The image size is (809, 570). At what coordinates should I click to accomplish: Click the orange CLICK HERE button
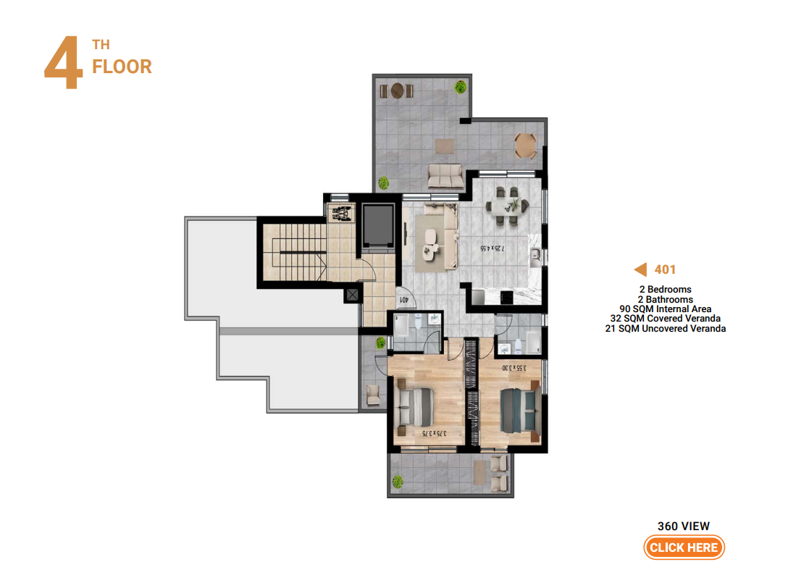[684, 548]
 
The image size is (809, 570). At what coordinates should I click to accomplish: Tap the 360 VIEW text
[684, 526]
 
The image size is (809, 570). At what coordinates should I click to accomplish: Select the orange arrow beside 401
[640, 269]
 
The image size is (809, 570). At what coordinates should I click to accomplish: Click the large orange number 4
[64, 62]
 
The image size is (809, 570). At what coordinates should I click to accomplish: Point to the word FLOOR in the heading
[122, 67]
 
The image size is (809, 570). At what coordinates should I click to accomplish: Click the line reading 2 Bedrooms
[665, 290]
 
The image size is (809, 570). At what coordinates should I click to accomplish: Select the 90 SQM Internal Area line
[665, 309]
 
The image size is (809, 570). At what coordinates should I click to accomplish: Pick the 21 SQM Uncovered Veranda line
[665, 329]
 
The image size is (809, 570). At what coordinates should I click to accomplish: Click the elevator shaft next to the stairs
[378, 225]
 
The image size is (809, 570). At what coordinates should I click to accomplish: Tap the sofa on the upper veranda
[445, 176]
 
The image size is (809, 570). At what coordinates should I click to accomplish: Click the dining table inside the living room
[506, 206]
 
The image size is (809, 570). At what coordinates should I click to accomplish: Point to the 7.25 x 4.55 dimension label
[492, 248]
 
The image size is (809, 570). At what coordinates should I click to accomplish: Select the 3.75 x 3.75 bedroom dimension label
[435, 433]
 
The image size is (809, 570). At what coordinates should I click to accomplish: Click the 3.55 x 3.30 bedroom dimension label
[514, 368]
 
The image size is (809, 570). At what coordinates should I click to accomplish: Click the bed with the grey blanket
[415, 407]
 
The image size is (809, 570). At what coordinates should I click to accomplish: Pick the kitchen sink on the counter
[535, 255]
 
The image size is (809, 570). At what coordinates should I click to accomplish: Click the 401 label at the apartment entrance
[404, 299]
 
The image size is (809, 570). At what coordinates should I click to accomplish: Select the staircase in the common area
[295, 252]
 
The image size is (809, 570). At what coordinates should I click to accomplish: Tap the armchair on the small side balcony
[372, 395]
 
